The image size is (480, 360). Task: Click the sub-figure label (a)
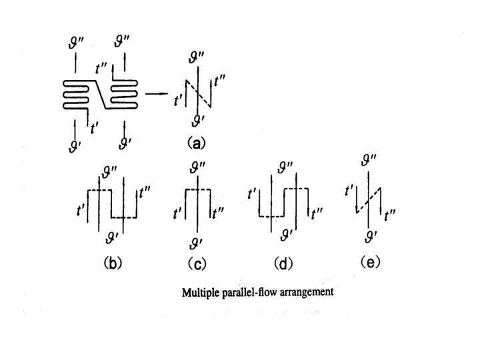pos(197,141)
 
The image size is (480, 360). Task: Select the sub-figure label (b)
pos(112,263)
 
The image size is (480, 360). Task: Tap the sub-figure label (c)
pos(197,263)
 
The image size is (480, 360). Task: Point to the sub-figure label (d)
pos(283,263)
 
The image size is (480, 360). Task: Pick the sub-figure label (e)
pos(370,262)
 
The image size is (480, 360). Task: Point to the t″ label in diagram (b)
pos(145,194)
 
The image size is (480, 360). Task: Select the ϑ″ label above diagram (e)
pos(368,160)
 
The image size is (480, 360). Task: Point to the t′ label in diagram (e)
pos(349,191)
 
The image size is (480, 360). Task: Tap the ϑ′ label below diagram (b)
pos(112,237)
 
